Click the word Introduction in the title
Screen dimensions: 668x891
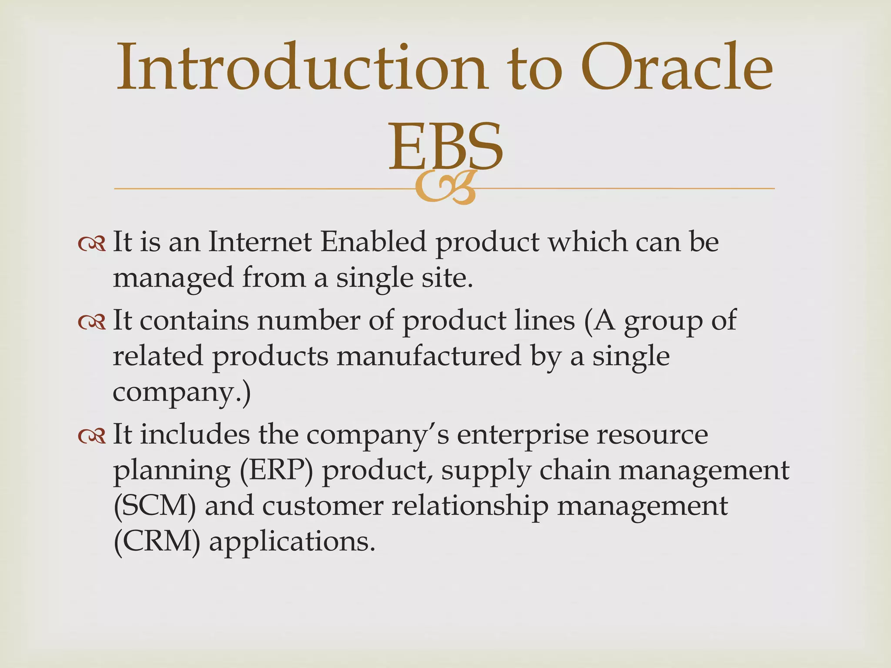point(300,67)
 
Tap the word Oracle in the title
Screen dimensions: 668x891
point(677,67)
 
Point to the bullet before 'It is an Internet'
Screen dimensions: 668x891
point(92,244)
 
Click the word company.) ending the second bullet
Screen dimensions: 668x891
point(182,392)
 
